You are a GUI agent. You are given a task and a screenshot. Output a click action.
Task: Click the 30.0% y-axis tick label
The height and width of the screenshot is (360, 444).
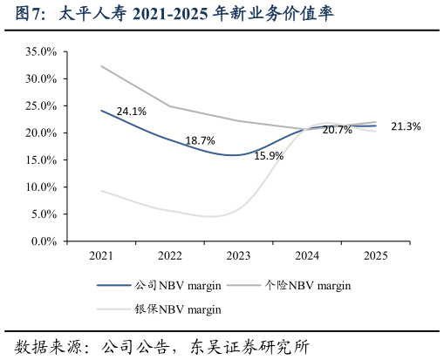41,78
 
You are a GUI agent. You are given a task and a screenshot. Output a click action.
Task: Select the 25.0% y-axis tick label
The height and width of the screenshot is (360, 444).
41,105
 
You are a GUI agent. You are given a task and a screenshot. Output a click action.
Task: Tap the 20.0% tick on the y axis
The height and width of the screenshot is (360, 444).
41,132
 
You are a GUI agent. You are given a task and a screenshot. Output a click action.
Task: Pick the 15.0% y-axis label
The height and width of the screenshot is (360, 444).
41,160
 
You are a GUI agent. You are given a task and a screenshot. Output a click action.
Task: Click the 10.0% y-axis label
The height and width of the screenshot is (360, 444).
41,187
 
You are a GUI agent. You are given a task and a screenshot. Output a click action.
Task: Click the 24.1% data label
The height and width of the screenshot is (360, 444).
131,112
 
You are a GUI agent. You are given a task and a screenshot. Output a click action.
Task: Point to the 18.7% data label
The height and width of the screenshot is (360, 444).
200,140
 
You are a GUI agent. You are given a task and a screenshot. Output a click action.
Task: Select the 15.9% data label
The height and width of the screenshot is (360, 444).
268,156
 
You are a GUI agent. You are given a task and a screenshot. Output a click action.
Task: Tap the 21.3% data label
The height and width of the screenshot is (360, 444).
406,126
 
